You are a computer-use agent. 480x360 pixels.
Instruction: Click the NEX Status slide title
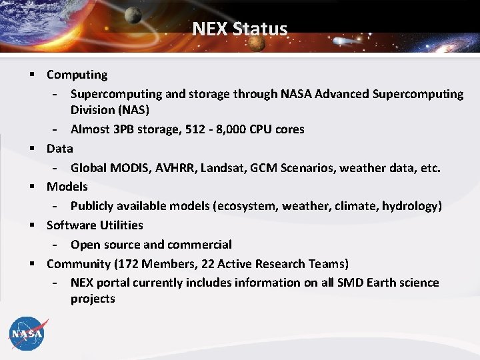pos(240,29)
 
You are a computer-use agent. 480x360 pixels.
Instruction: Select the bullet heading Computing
pos(77,75)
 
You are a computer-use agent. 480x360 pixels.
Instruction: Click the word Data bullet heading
pos(59,148)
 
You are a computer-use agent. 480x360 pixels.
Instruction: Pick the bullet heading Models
pos(67,186)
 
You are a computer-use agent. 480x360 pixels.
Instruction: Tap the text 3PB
pos(129,129)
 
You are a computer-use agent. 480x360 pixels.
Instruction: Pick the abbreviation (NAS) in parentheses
pos(132,109)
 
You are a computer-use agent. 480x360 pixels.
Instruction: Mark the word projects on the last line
pos(93,298)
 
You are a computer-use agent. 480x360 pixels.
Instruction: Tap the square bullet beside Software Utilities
pos(31,225)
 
